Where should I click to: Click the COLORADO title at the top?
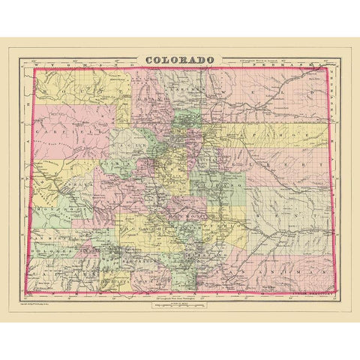coord(178,59)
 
